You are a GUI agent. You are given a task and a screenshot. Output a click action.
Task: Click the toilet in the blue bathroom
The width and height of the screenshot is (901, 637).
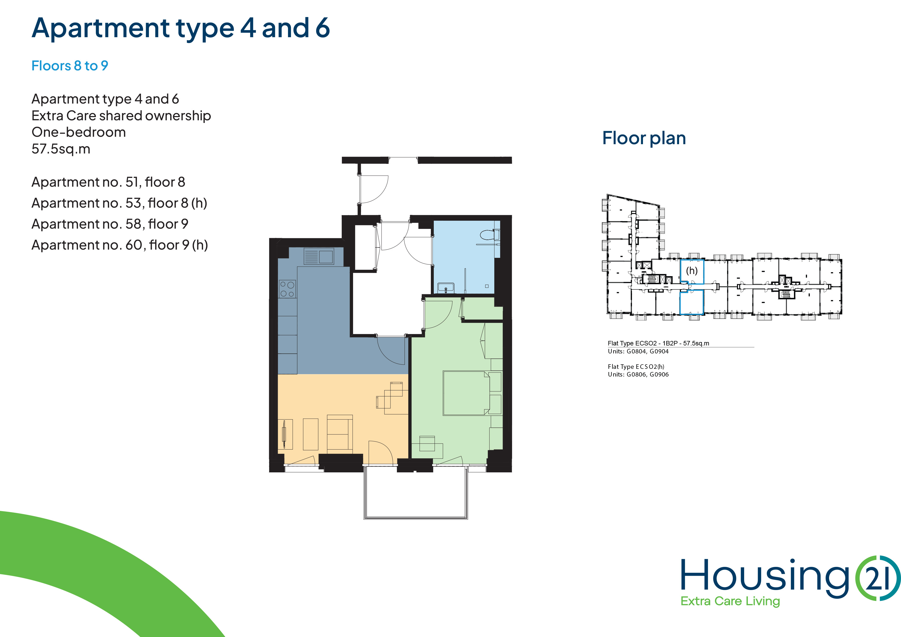490,235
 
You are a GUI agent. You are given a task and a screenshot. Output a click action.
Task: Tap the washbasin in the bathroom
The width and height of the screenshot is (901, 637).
446,288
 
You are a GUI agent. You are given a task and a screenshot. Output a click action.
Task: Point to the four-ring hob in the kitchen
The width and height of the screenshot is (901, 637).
287,289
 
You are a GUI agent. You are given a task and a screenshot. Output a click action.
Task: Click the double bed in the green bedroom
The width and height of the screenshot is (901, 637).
466,393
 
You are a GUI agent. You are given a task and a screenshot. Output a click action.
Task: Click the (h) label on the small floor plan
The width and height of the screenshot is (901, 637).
692,270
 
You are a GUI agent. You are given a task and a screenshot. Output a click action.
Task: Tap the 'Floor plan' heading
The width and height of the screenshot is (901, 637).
644,138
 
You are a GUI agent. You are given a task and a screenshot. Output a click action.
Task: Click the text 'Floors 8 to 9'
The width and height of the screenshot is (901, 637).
70,66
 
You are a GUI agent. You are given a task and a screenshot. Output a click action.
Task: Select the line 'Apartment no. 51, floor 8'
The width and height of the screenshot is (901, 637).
108,182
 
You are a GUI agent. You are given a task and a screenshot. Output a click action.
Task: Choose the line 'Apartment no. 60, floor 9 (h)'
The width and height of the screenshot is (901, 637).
120,245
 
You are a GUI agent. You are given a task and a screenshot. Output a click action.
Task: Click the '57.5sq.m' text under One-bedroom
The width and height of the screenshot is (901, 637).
61,149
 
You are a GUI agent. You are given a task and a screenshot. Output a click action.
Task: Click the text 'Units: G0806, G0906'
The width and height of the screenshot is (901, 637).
638,374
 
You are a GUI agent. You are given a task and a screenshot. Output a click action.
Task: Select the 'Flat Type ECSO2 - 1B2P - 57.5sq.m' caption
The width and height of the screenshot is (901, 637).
658,343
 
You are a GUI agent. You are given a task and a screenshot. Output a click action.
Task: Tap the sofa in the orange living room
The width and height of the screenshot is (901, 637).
340,432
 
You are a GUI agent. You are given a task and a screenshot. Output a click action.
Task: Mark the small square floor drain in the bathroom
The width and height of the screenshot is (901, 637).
487,286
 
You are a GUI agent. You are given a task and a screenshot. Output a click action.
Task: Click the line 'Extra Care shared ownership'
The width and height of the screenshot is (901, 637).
121,116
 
